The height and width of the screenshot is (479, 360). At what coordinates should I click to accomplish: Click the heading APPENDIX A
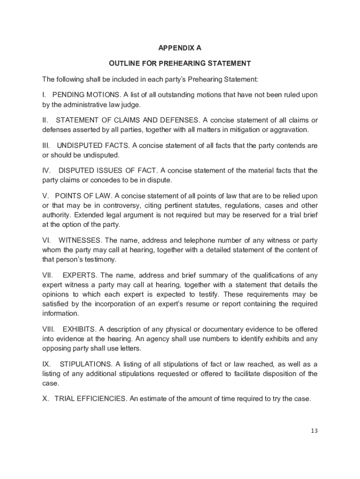pyautogui.click(x=180, y=48)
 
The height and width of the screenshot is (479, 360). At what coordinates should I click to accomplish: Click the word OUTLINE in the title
pyautogui.click(x=124, y=63)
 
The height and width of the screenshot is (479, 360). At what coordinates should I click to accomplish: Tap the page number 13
pyautogui.click(x=314, y=431)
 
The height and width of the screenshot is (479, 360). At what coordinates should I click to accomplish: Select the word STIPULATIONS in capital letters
pyautogui.click(x=86, y=364)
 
